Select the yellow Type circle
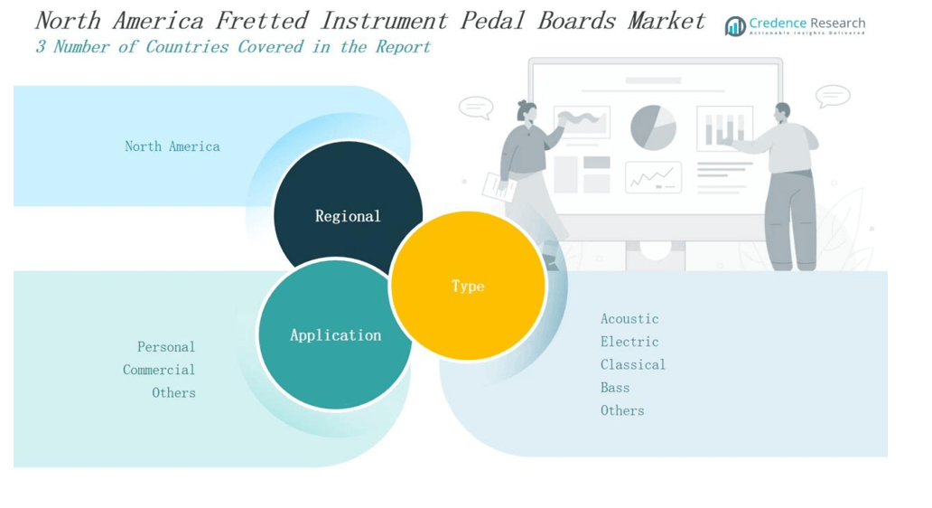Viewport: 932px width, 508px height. (x=468, y=286)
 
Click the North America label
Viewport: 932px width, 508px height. (x=172, y=146)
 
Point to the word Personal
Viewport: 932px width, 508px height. (x=166, y=347)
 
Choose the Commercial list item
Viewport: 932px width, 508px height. (x=159, y=370)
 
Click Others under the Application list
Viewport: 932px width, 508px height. (x=173, y=392)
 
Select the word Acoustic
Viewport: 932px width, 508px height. (x=629, y=319)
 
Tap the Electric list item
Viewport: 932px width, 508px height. (x=629, y=342)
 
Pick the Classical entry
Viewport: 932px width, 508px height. (x=633, y=364)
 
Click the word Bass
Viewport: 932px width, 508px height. (x=615, y=388)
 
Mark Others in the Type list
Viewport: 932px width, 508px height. (x=622, y=410)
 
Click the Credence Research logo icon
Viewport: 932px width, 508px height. (x=735, y=26)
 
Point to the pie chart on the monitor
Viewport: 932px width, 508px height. (x=653, y=127)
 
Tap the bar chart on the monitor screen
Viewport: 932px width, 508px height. (x=724, y=128)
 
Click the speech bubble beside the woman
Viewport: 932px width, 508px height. (x=476, y=108)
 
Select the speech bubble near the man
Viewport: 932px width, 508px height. (x=832, y=97)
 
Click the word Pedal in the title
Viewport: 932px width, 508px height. (x=493, y=21)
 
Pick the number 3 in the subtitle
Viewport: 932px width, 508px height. (x=41, y=47)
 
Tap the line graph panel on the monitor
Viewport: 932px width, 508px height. (x=653, y=177)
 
